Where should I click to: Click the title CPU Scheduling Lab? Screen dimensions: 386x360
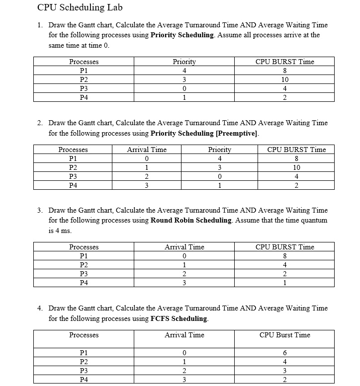[80, 7]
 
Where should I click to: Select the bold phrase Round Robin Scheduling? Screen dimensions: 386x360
[191, 220]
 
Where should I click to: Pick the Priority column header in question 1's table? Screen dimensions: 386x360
[184, 62]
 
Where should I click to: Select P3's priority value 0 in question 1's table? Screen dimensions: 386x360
[184, 88]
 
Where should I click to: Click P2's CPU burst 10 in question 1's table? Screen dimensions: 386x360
[284, 79]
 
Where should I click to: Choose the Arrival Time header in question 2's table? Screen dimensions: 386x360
[147, 150]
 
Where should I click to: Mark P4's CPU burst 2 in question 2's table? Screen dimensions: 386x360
[296, 186]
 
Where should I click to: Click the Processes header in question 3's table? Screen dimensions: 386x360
[84, 247]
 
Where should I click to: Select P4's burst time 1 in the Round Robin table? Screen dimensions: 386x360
[284, 283]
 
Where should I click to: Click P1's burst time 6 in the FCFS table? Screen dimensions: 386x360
[284, 353]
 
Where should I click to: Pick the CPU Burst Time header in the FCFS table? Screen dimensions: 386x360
[284, 335]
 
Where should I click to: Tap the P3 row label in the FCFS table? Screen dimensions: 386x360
[84, 371]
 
